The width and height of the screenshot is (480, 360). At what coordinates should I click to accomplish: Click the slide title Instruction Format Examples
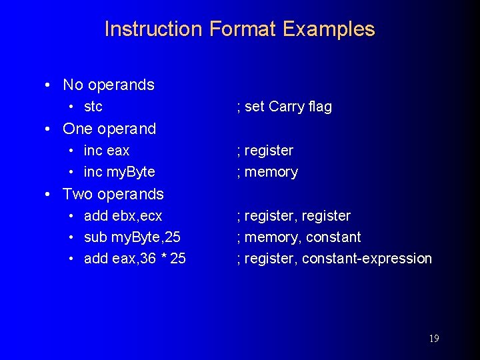239,29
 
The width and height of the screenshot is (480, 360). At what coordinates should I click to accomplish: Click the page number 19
433,339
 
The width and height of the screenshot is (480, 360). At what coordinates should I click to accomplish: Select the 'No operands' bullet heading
108,85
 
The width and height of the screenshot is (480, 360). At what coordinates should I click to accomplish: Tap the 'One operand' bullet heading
109,129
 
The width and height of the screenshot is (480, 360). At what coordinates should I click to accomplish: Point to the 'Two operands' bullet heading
113,194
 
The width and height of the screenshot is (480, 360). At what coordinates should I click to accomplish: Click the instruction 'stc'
93,107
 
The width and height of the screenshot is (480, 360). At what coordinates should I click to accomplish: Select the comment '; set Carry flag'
284,107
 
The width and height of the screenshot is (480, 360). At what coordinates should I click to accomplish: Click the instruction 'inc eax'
107,151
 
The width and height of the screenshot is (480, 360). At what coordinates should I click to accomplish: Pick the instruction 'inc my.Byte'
119,172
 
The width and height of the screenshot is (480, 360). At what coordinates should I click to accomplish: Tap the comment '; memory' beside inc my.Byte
267,172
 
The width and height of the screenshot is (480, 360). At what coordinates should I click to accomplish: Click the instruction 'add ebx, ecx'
123,216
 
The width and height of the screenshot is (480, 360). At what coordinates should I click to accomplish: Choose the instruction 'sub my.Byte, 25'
132,237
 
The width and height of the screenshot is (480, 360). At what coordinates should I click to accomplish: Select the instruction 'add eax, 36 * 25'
135,259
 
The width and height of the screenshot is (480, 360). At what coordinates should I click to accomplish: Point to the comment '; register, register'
293,216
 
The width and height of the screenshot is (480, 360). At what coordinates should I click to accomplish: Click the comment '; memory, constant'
299,237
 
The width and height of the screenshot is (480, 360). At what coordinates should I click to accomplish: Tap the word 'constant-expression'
367,259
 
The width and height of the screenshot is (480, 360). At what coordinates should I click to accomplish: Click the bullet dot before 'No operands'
47,85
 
